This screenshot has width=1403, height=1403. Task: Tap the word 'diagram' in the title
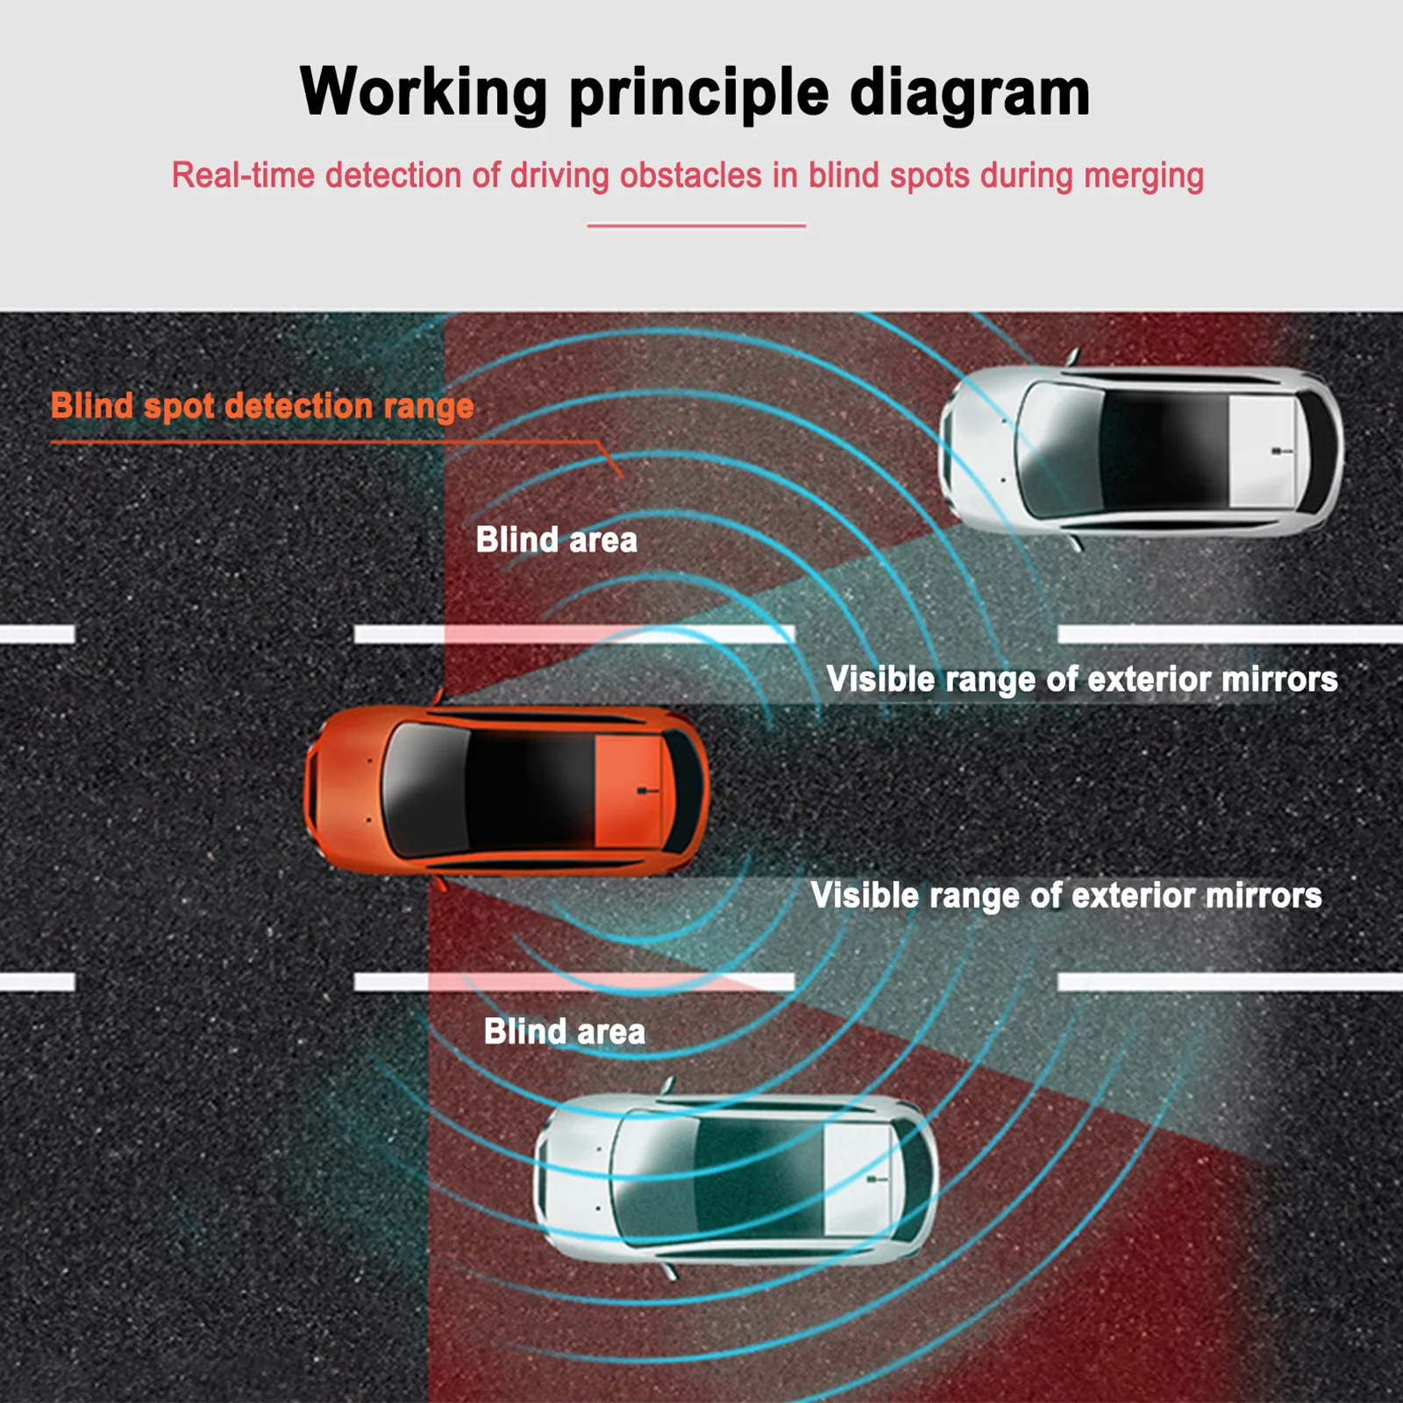969,93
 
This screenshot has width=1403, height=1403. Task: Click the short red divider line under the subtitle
696,226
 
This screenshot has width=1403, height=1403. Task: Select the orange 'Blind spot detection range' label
262,406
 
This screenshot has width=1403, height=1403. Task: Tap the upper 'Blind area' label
556,540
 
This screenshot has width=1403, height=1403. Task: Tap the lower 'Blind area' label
564,1032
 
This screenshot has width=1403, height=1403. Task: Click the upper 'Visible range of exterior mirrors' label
1081,680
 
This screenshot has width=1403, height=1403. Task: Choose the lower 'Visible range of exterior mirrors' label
1065,895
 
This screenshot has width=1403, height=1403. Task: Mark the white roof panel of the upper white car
1261,451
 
